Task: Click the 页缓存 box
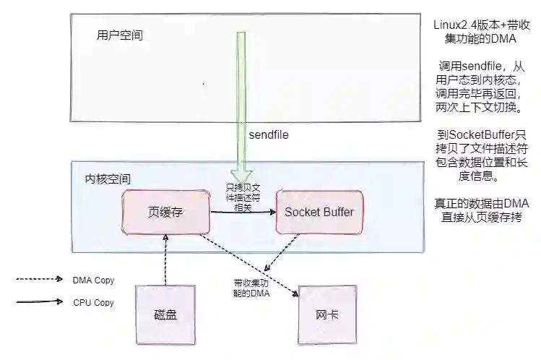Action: click(x=166, y=213)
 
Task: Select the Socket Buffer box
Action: click(x=319, y=213)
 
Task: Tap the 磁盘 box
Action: click(x=165, y=314)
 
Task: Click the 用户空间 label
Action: click(x=119, y=35)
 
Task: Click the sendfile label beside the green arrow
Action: click(x=269, y=135)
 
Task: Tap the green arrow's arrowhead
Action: click(x=241, y=175)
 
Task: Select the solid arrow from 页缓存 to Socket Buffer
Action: click(x=243, y=212)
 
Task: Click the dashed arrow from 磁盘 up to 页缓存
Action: click(x=166, y=260)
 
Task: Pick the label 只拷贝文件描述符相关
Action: click(x=243, y=197)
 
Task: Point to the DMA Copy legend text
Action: click(x=93, y=280)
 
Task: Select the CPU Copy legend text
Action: click(x=93, y=303)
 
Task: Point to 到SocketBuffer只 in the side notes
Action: click(x=480, y=135)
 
